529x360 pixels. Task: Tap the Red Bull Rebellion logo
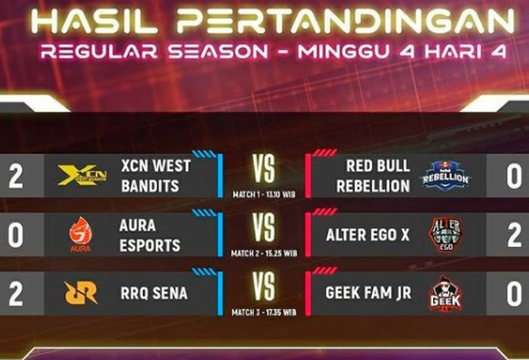point(445,175)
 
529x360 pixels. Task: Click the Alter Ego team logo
point(444,234)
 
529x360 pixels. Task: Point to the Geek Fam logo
point(444,293)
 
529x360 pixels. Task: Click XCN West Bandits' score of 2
point(16,176)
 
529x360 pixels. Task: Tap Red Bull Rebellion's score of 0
point(513,176)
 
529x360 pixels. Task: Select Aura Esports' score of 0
point(16,235)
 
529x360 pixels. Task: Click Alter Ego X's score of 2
point(513,235)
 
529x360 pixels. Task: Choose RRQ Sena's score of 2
point(16,293)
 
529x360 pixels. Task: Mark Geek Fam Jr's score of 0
point(513,293)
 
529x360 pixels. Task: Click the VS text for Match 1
point(264,171)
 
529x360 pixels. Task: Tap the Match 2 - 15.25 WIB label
point(264,253)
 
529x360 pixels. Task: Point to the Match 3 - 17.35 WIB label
point(264,312)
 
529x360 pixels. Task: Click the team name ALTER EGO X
point(367,235)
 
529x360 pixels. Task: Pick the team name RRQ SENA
point(154,293)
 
